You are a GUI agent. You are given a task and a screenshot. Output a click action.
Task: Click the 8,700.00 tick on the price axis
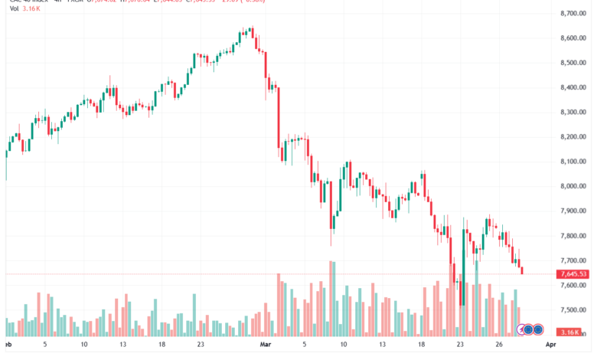573,14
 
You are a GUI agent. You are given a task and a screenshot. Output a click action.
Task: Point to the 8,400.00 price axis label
573,87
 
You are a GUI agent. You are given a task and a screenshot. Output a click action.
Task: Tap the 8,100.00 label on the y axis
573,162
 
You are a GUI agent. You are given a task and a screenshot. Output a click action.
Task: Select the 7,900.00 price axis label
573,211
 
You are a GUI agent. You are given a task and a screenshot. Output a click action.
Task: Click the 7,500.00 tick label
573,310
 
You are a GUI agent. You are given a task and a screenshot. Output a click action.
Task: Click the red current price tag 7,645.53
573,274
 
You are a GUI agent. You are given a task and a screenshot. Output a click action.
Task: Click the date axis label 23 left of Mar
200,345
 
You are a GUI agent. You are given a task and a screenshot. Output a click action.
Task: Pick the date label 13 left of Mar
122,345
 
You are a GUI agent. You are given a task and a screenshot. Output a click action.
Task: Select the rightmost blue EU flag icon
538,329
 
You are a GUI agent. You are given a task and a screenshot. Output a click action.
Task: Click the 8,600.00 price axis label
573,38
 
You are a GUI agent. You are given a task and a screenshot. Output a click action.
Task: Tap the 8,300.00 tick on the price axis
573,113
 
